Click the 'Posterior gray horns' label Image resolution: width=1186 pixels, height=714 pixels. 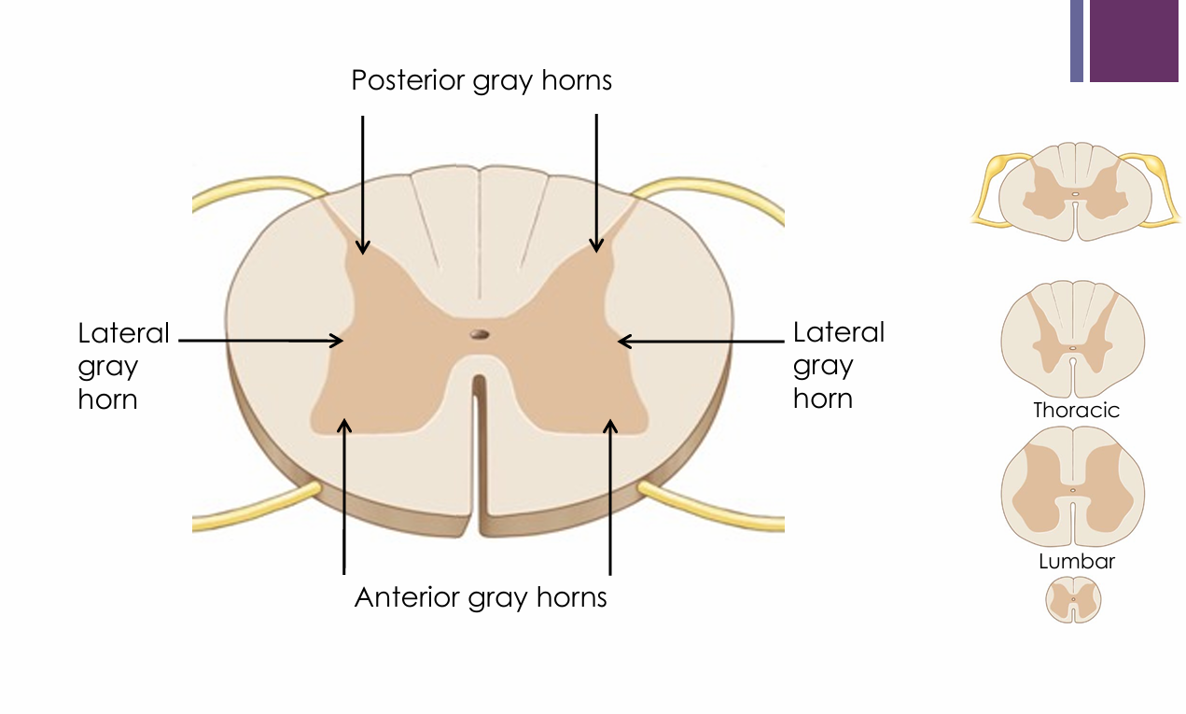tap(481, 81)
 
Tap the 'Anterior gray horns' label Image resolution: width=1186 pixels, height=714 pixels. tap(481, 596)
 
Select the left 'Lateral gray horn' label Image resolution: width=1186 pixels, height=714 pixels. tap(123, 366)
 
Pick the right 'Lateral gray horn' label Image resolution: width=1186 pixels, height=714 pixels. tap(838, 365)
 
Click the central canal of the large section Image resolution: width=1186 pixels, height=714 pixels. tap(480, 333)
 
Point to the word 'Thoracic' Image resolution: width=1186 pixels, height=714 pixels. tap(1076, 411)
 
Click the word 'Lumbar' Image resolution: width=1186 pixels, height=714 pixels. tap(1077, 562)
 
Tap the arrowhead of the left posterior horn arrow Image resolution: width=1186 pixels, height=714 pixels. tap(363, 248)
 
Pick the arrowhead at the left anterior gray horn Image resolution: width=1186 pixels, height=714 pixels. tap(344, 426)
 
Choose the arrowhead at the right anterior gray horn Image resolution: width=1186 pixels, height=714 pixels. tap(610, 426)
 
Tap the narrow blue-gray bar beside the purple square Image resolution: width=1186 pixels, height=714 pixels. tap(1077, 40)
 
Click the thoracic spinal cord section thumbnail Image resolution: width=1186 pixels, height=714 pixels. tap(1073, 341)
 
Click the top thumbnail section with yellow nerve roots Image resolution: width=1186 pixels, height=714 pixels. tap(1074, 191)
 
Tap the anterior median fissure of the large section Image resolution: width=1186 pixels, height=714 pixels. tap(479, 448)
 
